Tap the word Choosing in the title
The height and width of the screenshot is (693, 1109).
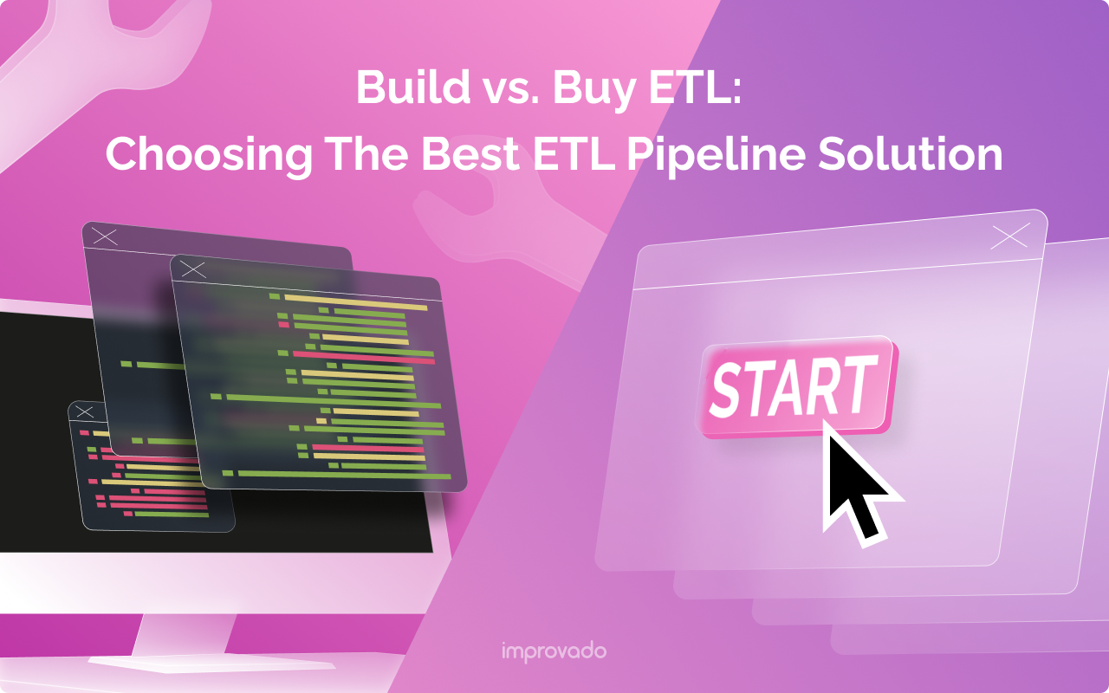(x=209, y=154)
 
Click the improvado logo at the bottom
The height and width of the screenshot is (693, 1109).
(x=554, y=651)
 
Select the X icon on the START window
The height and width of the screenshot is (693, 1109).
(x=1009, y=236)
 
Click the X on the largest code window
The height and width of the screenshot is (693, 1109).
(x=193, y=269)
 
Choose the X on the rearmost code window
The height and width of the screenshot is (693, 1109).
(x=104, y=235)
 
